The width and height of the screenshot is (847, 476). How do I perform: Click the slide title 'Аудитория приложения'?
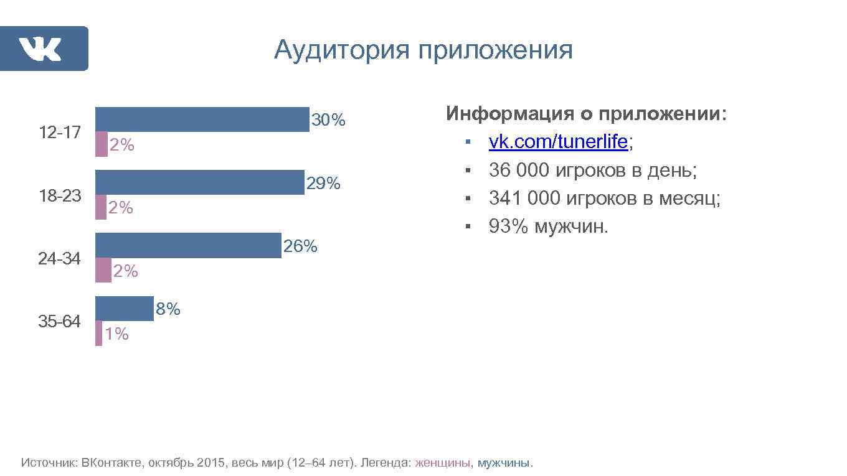tap(423, 50)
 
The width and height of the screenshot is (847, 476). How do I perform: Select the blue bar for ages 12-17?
tap(202, 119)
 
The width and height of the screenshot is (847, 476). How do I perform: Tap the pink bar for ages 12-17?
tap(101, 144)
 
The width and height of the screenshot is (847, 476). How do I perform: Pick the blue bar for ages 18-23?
tap(199, 182)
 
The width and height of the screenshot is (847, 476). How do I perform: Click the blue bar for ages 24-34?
tap(188, 245)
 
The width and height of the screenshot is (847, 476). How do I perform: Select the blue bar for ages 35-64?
tap(124, 309)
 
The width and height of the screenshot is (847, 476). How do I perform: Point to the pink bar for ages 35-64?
tap(98, 334)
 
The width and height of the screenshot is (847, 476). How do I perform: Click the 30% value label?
tap(328, 120)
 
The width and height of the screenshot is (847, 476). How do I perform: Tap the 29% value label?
tap(323, 184)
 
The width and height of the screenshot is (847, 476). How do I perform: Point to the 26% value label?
tap(300, 247)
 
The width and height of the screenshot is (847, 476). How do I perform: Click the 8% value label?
tap(168, 309)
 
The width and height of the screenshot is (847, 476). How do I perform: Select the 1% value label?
tap(116, 335)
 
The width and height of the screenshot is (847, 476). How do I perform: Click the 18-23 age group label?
tap(60, 196)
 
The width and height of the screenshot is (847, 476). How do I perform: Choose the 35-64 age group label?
tap(60, 322)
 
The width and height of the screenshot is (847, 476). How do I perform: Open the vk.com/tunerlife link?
tap(558, 142)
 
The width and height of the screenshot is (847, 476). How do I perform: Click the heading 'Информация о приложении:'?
tap(586, 114)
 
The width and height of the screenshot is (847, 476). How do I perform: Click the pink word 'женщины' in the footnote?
tap(443, 463)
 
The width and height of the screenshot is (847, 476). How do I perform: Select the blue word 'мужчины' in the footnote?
tap(504, 463)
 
